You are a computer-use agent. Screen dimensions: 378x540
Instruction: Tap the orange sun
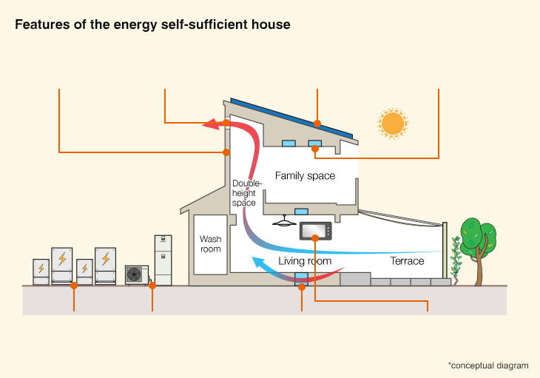(x=393, y=123)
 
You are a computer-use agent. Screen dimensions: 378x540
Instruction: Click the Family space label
(x=305, y=176)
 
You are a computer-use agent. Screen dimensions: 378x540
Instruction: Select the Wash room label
(x=210, y=244)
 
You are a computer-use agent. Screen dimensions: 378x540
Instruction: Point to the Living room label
(x=304, y=261)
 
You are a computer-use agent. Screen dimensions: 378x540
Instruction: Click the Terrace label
(x=407, y=261)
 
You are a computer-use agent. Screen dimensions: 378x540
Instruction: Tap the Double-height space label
(x=243, y=192)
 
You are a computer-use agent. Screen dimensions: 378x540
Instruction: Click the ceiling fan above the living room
(x=285, y=221)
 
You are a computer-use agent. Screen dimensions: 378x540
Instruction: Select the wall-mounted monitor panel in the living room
(x=316, y=231)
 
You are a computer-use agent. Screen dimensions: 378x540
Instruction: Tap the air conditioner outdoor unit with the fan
(x=136, y=274)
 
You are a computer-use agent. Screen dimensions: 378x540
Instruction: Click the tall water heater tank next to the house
(x=163, y=259)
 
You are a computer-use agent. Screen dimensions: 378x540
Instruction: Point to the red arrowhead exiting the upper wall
(x=213, y=125)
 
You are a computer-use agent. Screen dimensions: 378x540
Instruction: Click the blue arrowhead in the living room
(x=258, y=262)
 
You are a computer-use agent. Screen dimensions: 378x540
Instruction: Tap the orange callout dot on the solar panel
(x=317, y=123)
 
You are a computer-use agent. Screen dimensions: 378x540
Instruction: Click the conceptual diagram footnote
(x=487, y=365)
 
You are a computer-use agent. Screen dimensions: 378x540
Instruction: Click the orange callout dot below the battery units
(x=74, y=285)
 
